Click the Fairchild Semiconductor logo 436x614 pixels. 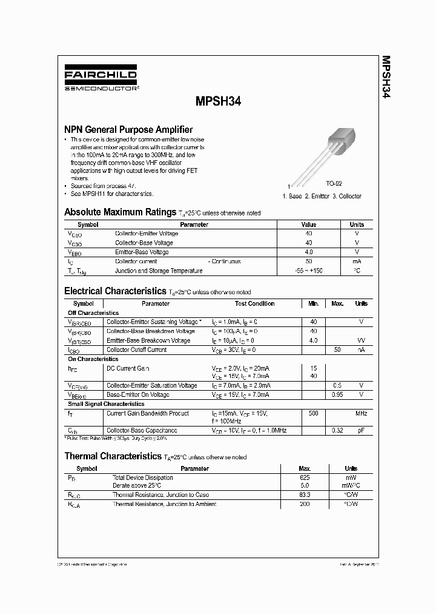[101, 79]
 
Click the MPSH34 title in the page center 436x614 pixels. [219, 103]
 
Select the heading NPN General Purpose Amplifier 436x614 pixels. [128, 129]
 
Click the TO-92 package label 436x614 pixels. [334, 183]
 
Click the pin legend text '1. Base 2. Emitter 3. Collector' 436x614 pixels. [322, 196]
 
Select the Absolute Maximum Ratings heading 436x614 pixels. [120, 212]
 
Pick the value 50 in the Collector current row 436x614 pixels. [309, 261]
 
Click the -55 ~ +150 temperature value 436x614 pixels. [309, 271]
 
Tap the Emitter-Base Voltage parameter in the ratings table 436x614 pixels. [142, 252]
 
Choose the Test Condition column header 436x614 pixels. [254, 303]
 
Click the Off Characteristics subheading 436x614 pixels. [93, 313]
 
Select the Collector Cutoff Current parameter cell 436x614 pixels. [136, 350]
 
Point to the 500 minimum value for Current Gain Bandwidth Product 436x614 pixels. [313, 414]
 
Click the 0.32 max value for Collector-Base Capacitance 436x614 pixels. [337, 430]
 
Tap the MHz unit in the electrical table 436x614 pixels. [361, 414]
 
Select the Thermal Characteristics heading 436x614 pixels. [113, 456]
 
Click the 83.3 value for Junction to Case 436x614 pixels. [305, 495]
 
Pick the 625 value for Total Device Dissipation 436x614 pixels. [305, 478]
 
